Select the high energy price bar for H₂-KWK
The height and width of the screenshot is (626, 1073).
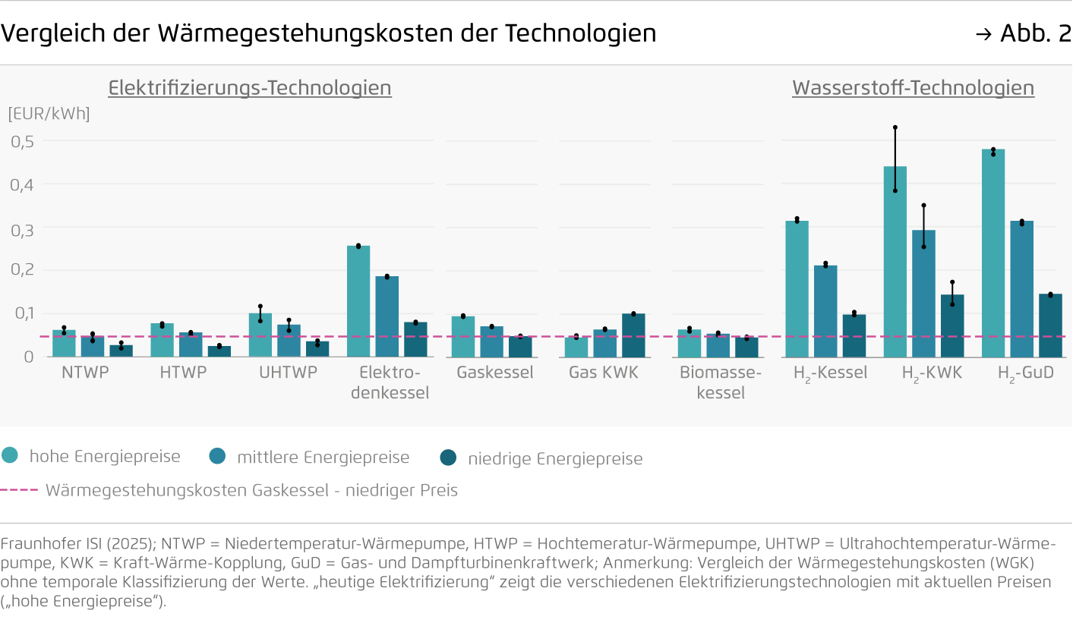895,262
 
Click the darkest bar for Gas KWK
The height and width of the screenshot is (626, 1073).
633,335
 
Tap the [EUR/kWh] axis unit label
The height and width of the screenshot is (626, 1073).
49,114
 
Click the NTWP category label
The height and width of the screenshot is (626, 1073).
85,373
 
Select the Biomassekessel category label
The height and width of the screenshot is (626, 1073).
719,382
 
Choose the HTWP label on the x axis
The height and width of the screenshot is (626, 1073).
183,373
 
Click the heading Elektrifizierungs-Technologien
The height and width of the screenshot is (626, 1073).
250,88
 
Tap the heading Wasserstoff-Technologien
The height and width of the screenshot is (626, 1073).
913,88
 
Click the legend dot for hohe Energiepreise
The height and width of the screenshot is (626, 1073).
10,456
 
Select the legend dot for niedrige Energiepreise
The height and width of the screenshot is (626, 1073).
448,458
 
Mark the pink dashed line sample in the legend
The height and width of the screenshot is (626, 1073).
19,490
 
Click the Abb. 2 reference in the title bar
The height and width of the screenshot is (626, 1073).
1034,33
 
